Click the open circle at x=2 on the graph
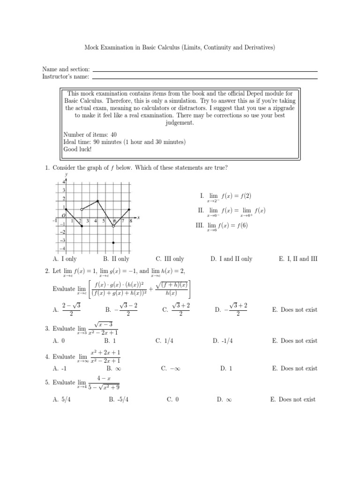pyautogui.click(x=82, y=210)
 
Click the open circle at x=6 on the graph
pyautogui.click(x=113, y=226)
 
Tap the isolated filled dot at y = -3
pyautogui.click(x=113, y=242)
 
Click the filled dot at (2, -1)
pyautogui.click(x=82, y=226)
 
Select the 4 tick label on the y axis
pyautogui.click(x=63, y=181)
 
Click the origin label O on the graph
pyautogui.click(x=63, y=215)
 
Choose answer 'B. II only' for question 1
pyautogui.click(x=116, y=259)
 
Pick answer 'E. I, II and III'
pyautogui.click(x=298, y=259)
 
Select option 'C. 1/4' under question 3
pyautogui.click(x=168, y=341)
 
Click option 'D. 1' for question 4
pyautogui.click(x=226, y=368)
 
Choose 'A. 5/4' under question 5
pyautogui.click(x=62, y=399)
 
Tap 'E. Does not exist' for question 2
pyautogui.click(x=295, y=309)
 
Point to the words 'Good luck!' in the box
pyautogui.click(x=78, y=149)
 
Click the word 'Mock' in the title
pyautogui.click(x=91, y=47)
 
